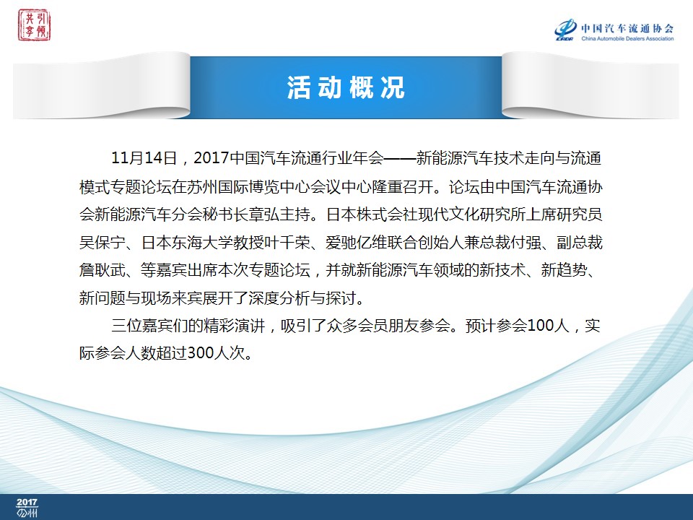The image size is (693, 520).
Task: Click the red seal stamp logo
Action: (34, 25)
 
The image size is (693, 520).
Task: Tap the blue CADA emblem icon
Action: (565, 30)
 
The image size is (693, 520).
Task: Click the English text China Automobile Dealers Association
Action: (627, 38)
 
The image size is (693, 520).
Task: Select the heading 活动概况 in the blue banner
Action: (346, 87)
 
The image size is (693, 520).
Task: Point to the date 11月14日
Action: (144, 158)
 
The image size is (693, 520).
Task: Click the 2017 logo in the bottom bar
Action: (27, 508)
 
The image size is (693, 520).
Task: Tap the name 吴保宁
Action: (102, 243)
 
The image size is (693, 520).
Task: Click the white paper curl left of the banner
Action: (102, 85)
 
